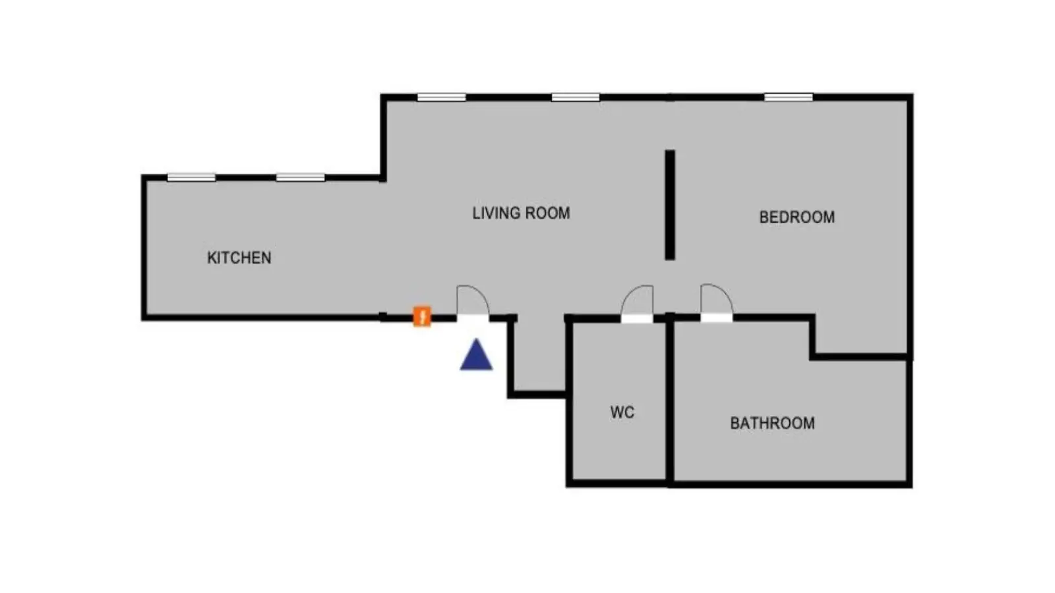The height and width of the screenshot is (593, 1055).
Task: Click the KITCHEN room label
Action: (x=239, y=258)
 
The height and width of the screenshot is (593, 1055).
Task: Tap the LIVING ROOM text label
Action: (x=521, y=213)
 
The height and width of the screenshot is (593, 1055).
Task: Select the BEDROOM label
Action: (x=797, y=217)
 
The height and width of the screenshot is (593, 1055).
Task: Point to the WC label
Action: (x=622, y=412)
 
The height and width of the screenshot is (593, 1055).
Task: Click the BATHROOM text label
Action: (x=772, y=423)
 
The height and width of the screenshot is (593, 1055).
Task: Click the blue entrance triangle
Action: (x=476, y=354)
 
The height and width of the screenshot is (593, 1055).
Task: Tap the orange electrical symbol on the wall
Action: (x=422, y=316)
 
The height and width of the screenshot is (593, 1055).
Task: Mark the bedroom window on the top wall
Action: (x=789, y=98)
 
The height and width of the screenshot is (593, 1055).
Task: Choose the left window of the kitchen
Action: (x=191, y=177)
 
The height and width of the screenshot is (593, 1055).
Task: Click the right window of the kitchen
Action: (x=300, y=177)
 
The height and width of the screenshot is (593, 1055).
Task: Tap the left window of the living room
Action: (x=441, y=98)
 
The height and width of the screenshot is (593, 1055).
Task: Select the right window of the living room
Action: (x=576, y=98)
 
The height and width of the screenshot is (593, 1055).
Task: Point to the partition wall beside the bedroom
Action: (x=670, y=205)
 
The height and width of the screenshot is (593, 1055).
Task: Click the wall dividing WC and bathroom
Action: (x=670, y=400)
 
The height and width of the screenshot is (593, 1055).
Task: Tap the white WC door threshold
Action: (x=637, y=319)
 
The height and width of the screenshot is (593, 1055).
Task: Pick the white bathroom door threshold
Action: (x=716, y=318)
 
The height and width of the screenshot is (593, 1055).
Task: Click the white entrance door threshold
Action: (x=473, y=319)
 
